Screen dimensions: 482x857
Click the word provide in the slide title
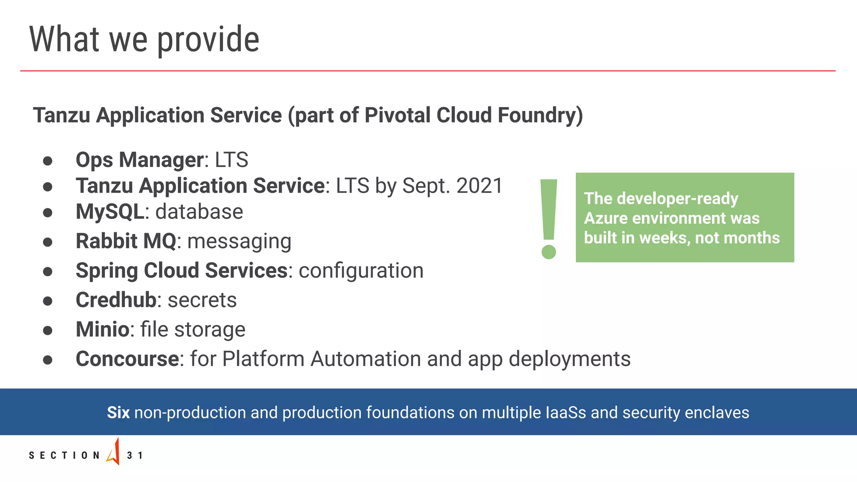click(208, 40)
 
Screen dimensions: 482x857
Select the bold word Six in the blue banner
click(118, 413)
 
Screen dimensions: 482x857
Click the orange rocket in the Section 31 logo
click(114, 452)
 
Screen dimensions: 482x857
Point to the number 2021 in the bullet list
click(480, 186)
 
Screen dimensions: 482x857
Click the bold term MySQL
click(110, 212)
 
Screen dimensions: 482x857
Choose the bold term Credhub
click(116, 300)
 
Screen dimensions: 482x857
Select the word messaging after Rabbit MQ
click(239, 241)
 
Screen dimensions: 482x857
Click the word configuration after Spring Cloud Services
click(361, 271)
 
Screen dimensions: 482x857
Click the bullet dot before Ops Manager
click(48, 161)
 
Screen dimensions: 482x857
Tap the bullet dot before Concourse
click(48, 360)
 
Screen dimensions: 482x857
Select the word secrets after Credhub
click(202, 300)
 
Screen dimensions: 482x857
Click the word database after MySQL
click(199, 212)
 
